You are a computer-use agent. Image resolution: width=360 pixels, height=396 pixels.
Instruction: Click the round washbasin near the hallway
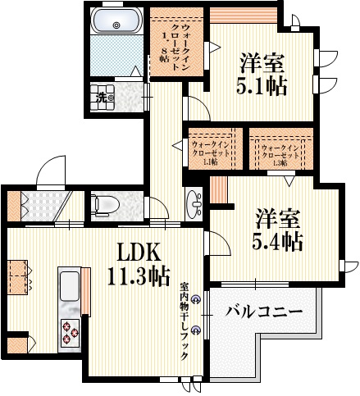pos(194,201)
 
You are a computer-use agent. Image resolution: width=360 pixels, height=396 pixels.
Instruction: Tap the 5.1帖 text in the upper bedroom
pos(262,85)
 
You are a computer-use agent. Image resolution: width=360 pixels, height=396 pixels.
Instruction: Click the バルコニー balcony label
pos(263,312)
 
